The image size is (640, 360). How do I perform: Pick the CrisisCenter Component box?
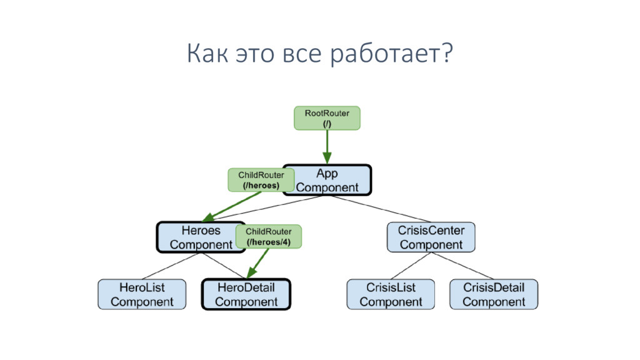point(431,237)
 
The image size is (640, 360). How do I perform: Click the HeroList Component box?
point(142,294)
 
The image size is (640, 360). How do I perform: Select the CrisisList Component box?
point(391,294)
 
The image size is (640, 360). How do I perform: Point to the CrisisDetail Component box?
point(494,294)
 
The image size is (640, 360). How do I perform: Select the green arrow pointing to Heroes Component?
point(231,206)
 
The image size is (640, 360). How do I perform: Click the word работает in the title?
point(391,55)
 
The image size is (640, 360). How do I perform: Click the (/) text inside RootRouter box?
point(327,124)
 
